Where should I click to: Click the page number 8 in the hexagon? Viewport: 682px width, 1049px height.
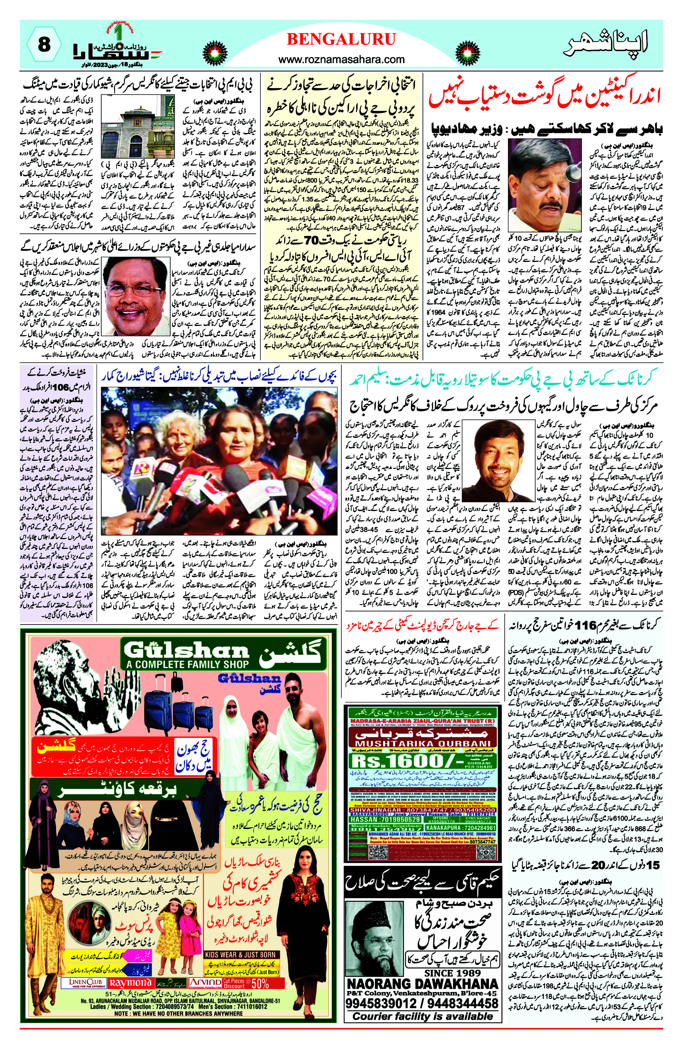[x=44, y=44]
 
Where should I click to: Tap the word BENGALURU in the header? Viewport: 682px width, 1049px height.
[x=341, y=40]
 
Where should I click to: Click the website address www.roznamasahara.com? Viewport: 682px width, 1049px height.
[x=341, y=59]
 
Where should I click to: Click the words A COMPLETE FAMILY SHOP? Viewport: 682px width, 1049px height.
[x=186, y=664]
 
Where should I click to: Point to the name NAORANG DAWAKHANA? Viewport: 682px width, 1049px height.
[x=423, y=984]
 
